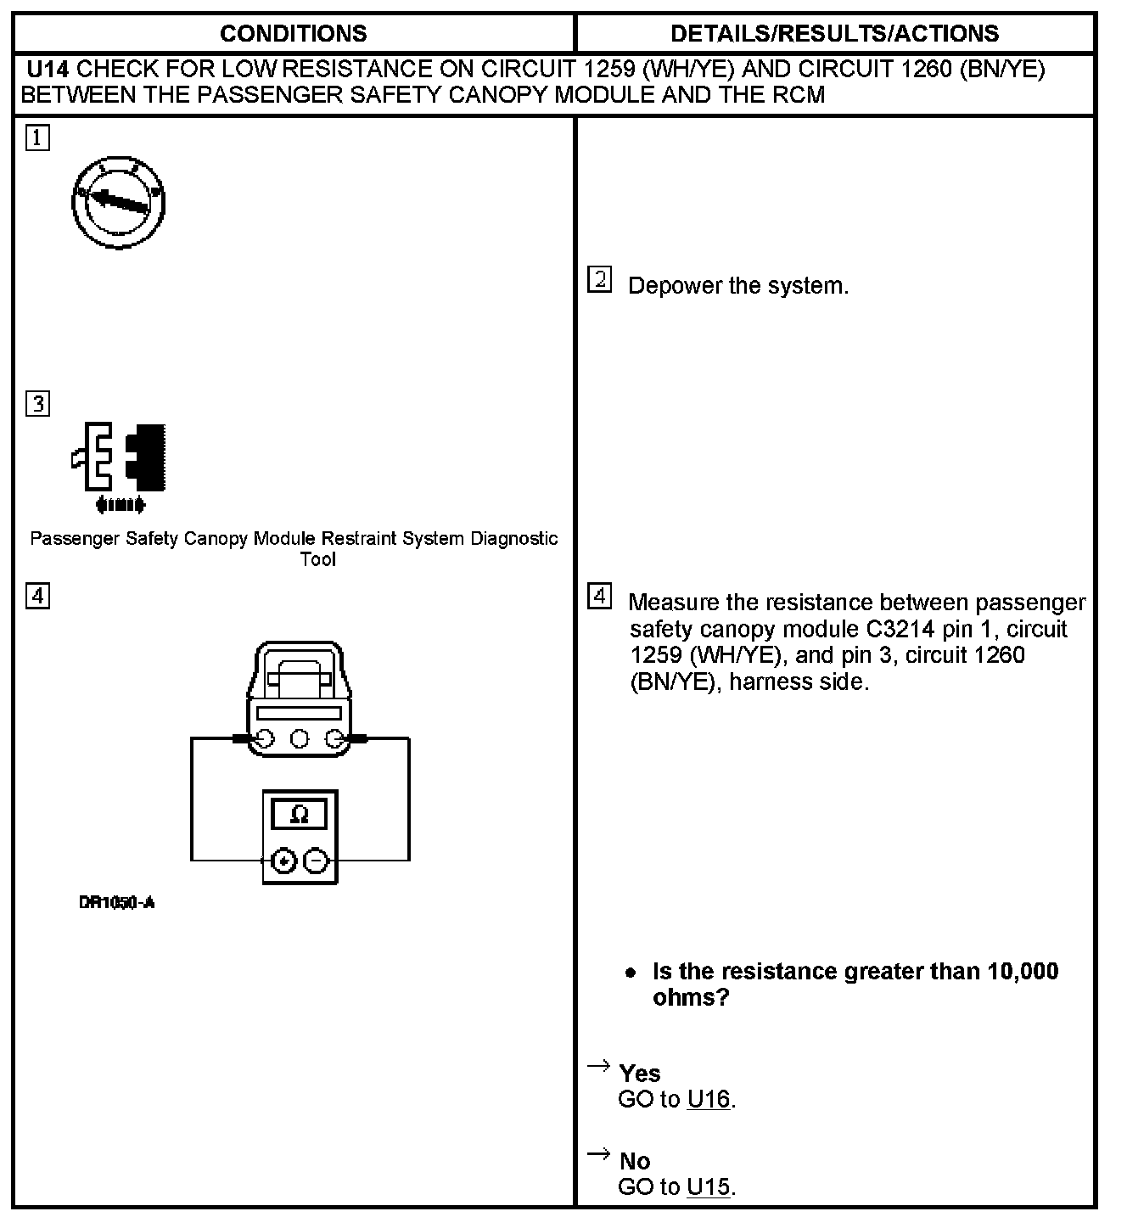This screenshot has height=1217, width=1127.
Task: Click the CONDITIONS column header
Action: point(293,34)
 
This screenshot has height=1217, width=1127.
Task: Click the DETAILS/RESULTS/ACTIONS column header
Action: point(834,34)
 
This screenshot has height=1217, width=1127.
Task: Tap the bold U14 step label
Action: point(48,69)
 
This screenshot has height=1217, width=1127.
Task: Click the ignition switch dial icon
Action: point(118,202)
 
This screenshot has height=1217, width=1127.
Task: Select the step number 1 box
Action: point(37,137)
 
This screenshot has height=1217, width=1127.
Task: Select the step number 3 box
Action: point(37,403)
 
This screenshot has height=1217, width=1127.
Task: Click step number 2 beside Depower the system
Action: point(599,280)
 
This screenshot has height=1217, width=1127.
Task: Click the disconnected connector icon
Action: point(120,463)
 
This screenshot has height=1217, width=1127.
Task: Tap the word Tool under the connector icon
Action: point(318,559)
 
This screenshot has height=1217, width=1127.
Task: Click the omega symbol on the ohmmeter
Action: point(299,815)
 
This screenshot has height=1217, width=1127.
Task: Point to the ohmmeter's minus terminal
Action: point(316,861)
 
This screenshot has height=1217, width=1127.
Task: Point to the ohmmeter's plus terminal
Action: point(284,861)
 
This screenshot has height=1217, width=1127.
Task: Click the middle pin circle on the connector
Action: point(299,739)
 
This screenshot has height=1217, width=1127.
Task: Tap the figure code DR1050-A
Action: point(117,902)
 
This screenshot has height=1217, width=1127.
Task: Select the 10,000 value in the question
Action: point(1023,971)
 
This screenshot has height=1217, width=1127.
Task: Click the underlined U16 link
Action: point(709,1099)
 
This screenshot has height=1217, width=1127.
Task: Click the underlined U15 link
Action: point(709,1186)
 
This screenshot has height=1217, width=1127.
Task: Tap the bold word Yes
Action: point(640,1074)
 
